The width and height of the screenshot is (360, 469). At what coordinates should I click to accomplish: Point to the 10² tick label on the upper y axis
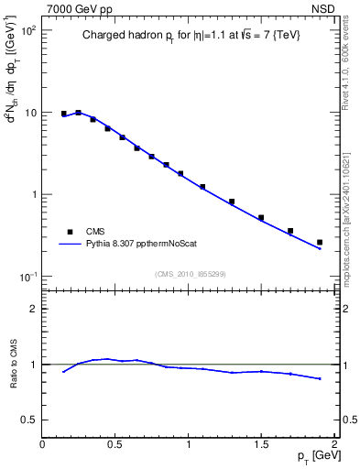tap(28, 30)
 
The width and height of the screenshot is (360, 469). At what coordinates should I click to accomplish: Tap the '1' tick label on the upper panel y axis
tap(34, 195)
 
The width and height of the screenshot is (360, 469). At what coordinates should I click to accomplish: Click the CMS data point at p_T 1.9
tap(320, 243)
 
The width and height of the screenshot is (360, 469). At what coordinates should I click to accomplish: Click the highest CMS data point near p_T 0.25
tap(79, 113)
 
